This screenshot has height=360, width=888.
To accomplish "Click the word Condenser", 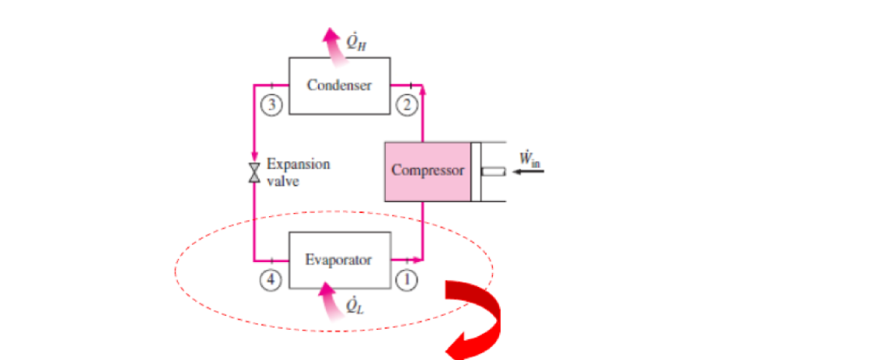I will (338, 85).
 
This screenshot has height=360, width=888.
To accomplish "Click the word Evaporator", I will (338, 260).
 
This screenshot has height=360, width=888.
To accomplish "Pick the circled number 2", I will (406, 105).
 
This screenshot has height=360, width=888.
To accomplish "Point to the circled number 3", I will (270, 105).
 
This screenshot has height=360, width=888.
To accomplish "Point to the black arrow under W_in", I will (531, 173).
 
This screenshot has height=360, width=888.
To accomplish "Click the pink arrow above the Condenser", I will (334, 42).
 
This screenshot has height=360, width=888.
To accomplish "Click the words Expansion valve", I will (297, 172).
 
